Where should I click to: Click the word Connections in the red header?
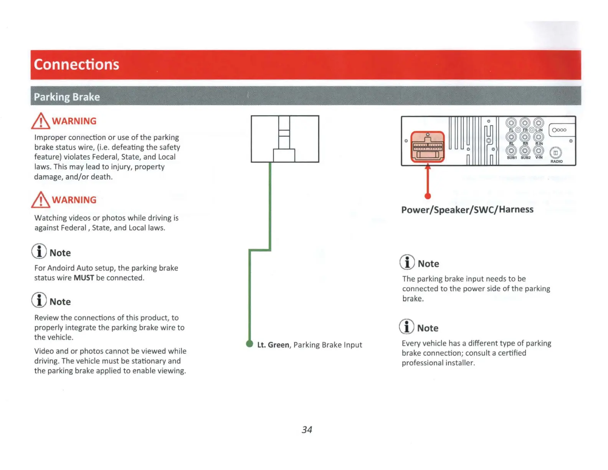(76, 65)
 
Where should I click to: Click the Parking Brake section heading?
(67, 97)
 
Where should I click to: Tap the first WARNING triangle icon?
(41, 121)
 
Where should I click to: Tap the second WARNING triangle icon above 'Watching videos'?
(41, 200)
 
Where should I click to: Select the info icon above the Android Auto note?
(39, 252)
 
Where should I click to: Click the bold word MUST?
(84, 278)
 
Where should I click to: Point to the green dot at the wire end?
(249, 344)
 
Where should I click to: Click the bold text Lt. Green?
(273, 345)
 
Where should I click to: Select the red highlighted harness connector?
(428, 147)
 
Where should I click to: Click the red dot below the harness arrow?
(428, 196)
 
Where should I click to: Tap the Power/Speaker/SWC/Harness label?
(467, 210)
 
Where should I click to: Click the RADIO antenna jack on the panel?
(555, 153)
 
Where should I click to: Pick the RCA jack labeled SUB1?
(511, 151)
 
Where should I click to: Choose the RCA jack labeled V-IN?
(539, 151)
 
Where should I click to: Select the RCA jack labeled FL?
(511, 123)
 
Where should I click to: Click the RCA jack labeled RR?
(525, 137)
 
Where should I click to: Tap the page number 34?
(307, 430)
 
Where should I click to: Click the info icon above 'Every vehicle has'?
(406, 327)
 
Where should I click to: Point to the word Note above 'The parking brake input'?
(428, 264)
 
